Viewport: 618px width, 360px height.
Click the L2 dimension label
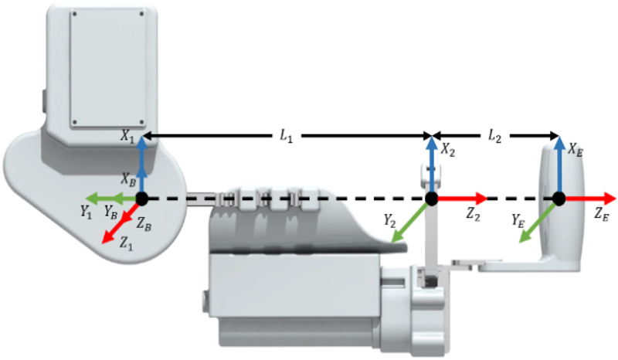494,135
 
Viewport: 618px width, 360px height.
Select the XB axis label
128,177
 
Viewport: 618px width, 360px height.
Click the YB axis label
110,211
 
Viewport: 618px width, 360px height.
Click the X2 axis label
448,152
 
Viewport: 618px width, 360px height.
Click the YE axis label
518,220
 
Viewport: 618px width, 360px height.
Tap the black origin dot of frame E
559,199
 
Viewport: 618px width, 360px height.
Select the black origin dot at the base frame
141,199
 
